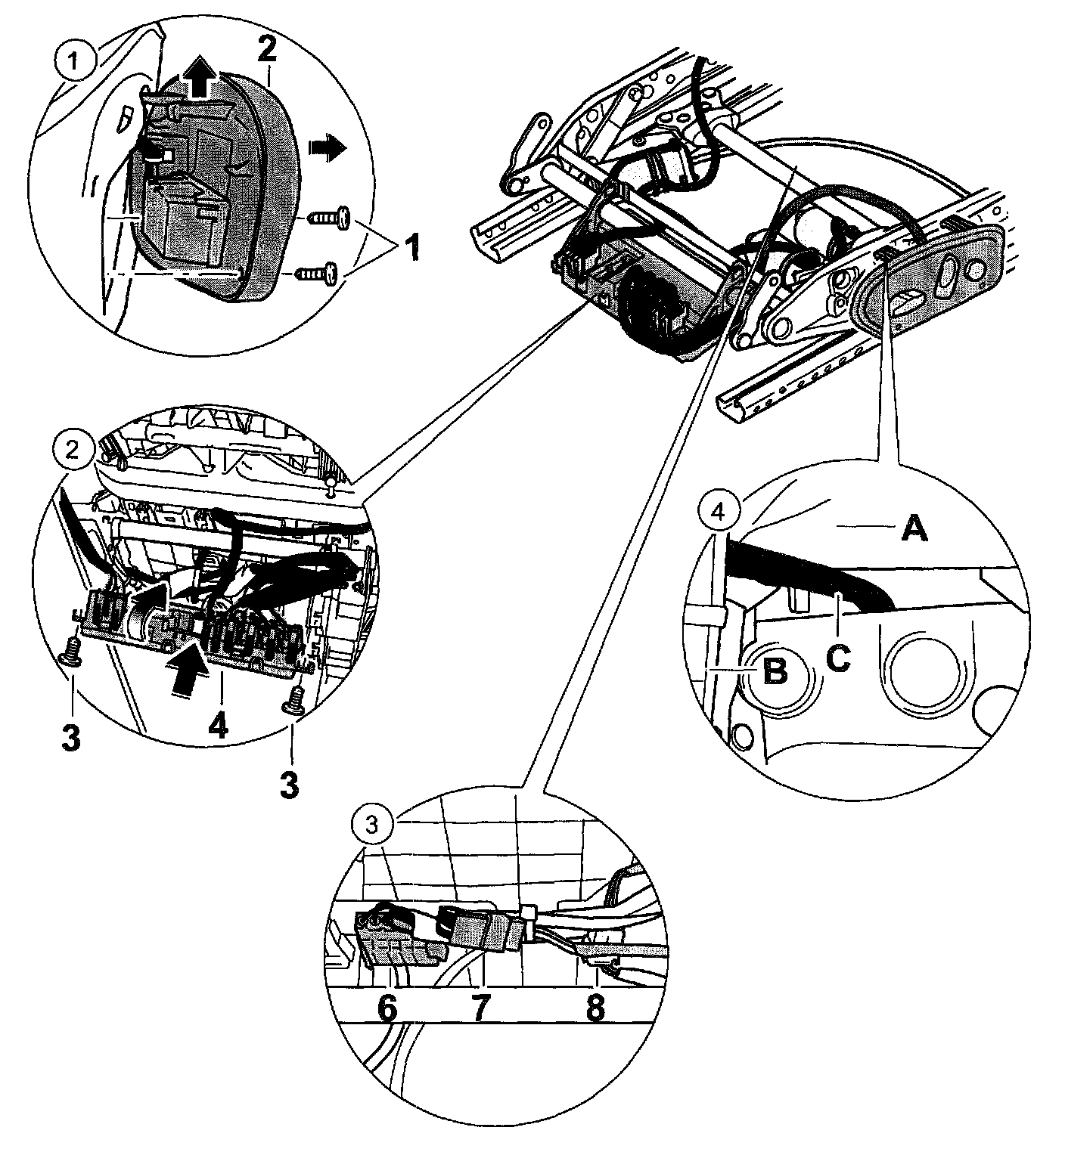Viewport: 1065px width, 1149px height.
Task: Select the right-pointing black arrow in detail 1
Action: tap(325, 149)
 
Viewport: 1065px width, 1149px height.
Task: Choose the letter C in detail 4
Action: tap(838, 657)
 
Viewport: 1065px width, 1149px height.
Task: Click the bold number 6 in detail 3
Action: tap(387, 1009)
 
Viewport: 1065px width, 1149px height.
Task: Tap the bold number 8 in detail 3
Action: tap(595, 1009)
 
